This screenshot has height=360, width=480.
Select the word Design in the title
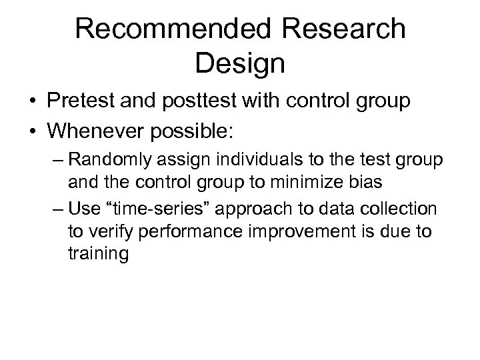tap(240, 63)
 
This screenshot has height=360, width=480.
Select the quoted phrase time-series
tap(151, 210)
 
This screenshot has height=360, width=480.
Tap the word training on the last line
tap(97, 254)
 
